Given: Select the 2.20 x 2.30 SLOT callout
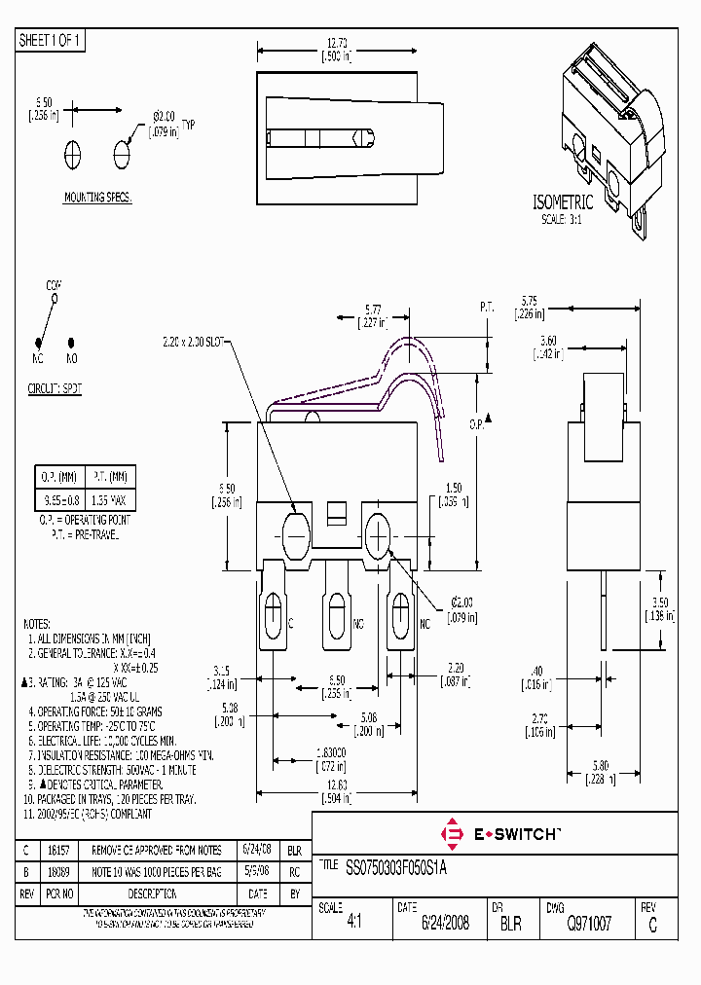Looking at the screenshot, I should tap(193, 342).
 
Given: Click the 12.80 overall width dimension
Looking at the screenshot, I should tap(335, 784).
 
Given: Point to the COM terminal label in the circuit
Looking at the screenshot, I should tap(54, 284).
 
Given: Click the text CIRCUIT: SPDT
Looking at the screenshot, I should tap(55, 386).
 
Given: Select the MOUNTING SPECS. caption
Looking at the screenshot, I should tap(97, 198).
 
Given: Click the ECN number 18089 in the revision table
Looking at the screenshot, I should tap(59, 871).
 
